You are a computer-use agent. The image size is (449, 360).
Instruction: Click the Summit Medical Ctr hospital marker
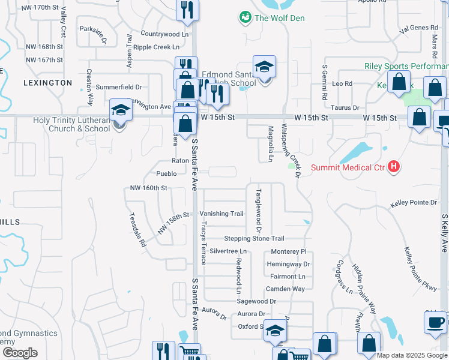click(x=394, y=166)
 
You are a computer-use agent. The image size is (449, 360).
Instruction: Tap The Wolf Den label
click(x=279, y=18)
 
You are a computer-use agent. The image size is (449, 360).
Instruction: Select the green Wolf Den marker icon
click(x=245, y=18)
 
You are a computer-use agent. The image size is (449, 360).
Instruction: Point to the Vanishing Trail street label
click(x=221, y=214)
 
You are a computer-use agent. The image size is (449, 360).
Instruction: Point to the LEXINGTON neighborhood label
click(x=48, y=83)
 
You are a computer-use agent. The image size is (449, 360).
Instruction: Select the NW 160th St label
click(x=148, y=188)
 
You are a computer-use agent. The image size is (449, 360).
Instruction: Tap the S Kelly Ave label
click(x=444, y=233)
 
